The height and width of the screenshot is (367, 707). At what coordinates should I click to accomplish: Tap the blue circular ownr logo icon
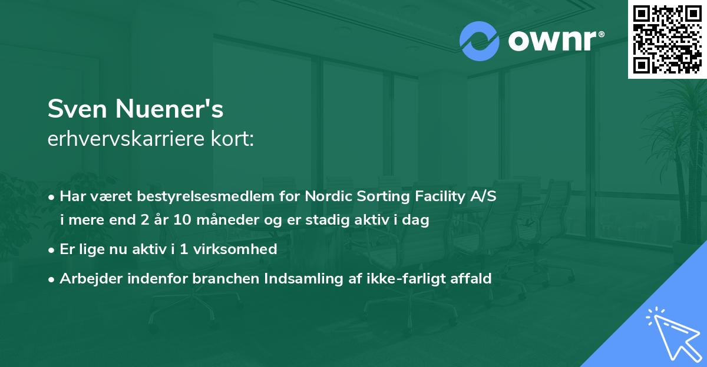480,41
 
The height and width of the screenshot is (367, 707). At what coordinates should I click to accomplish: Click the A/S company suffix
483,196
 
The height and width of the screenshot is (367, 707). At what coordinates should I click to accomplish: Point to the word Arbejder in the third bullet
85,279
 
